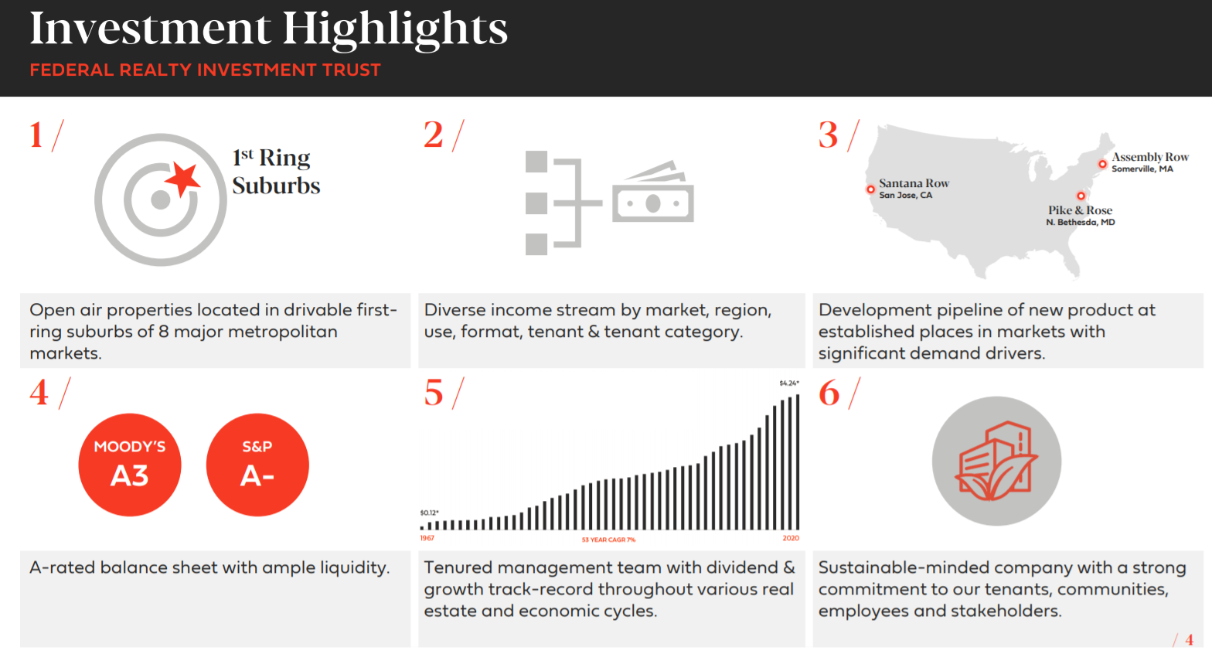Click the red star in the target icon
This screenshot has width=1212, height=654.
[x=183, y=179]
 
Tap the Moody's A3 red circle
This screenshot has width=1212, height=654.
[x=130, y=465]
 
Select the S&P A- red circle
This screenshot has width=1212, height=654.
[x=257, y=465]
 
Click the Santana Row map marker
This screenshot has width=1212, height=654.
[x=870, y=189]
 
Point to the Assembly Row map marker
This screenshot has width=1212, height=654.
[x=1102, y=164]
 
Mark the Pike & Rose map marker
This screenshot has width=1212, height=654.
[x=1081, y=196]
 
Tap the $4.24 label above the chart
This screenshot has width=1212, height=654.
[x=788, y=383]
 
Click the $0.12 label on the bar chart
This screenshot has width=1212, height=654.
[x=429, y=513]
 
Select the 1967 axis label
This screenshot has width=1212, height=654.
[x=427, y=538]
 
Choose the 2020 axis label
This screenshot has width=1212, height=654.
[x=791, y=538]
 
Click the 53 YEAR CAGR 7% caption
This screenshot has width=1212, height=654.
[x=608, y=540]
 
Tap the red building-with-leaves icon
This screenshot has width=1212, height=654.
[x=996, y=462]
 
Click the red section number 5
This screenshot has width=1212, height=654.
[x=434, y=393]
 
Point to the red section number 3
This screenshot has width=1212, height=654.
[x=828, y=135]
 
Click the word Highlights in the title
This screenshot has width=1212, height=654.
[x=394, y=29]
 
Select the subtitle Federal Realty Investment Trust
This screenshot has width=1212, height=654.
[x=205, y=70]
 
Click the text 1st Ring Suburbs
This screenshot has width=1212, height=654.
[x=276, y=172]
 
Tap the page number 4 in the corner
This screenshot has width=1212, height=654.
[x=1189, y=640]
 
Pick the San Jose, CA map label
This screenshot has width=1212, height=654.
[x=905, y=196]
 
